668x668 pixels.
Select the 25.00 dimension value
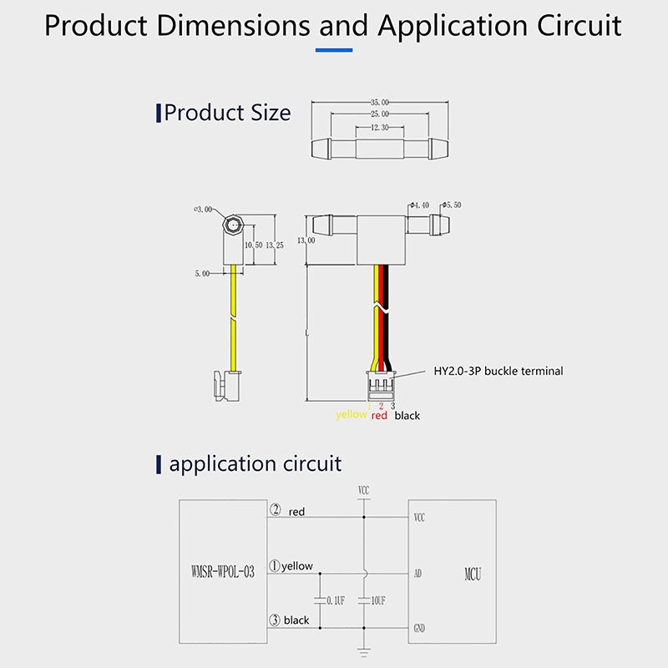tap(379, 114)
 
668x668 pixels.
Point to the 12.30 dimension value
tap(379, 127)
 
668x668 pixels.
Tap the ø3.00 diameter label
tap(203, 210)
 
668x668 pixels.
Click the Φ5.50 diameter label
tap(453, 205)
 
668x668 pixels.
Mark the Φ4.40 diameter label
tap(419, 205)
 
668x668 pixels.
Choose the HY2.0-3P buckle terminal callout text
tap(498, 371)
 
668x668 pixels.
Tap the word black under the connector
tap(407, 415)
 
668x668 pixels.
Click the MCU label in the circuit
tap(473, 574)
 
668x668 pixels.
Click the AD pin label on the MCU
tap(418, 574)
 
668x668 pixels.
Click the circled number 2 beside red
tap(275, 510)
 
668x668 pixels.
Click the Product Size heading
tap(227, 113)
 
